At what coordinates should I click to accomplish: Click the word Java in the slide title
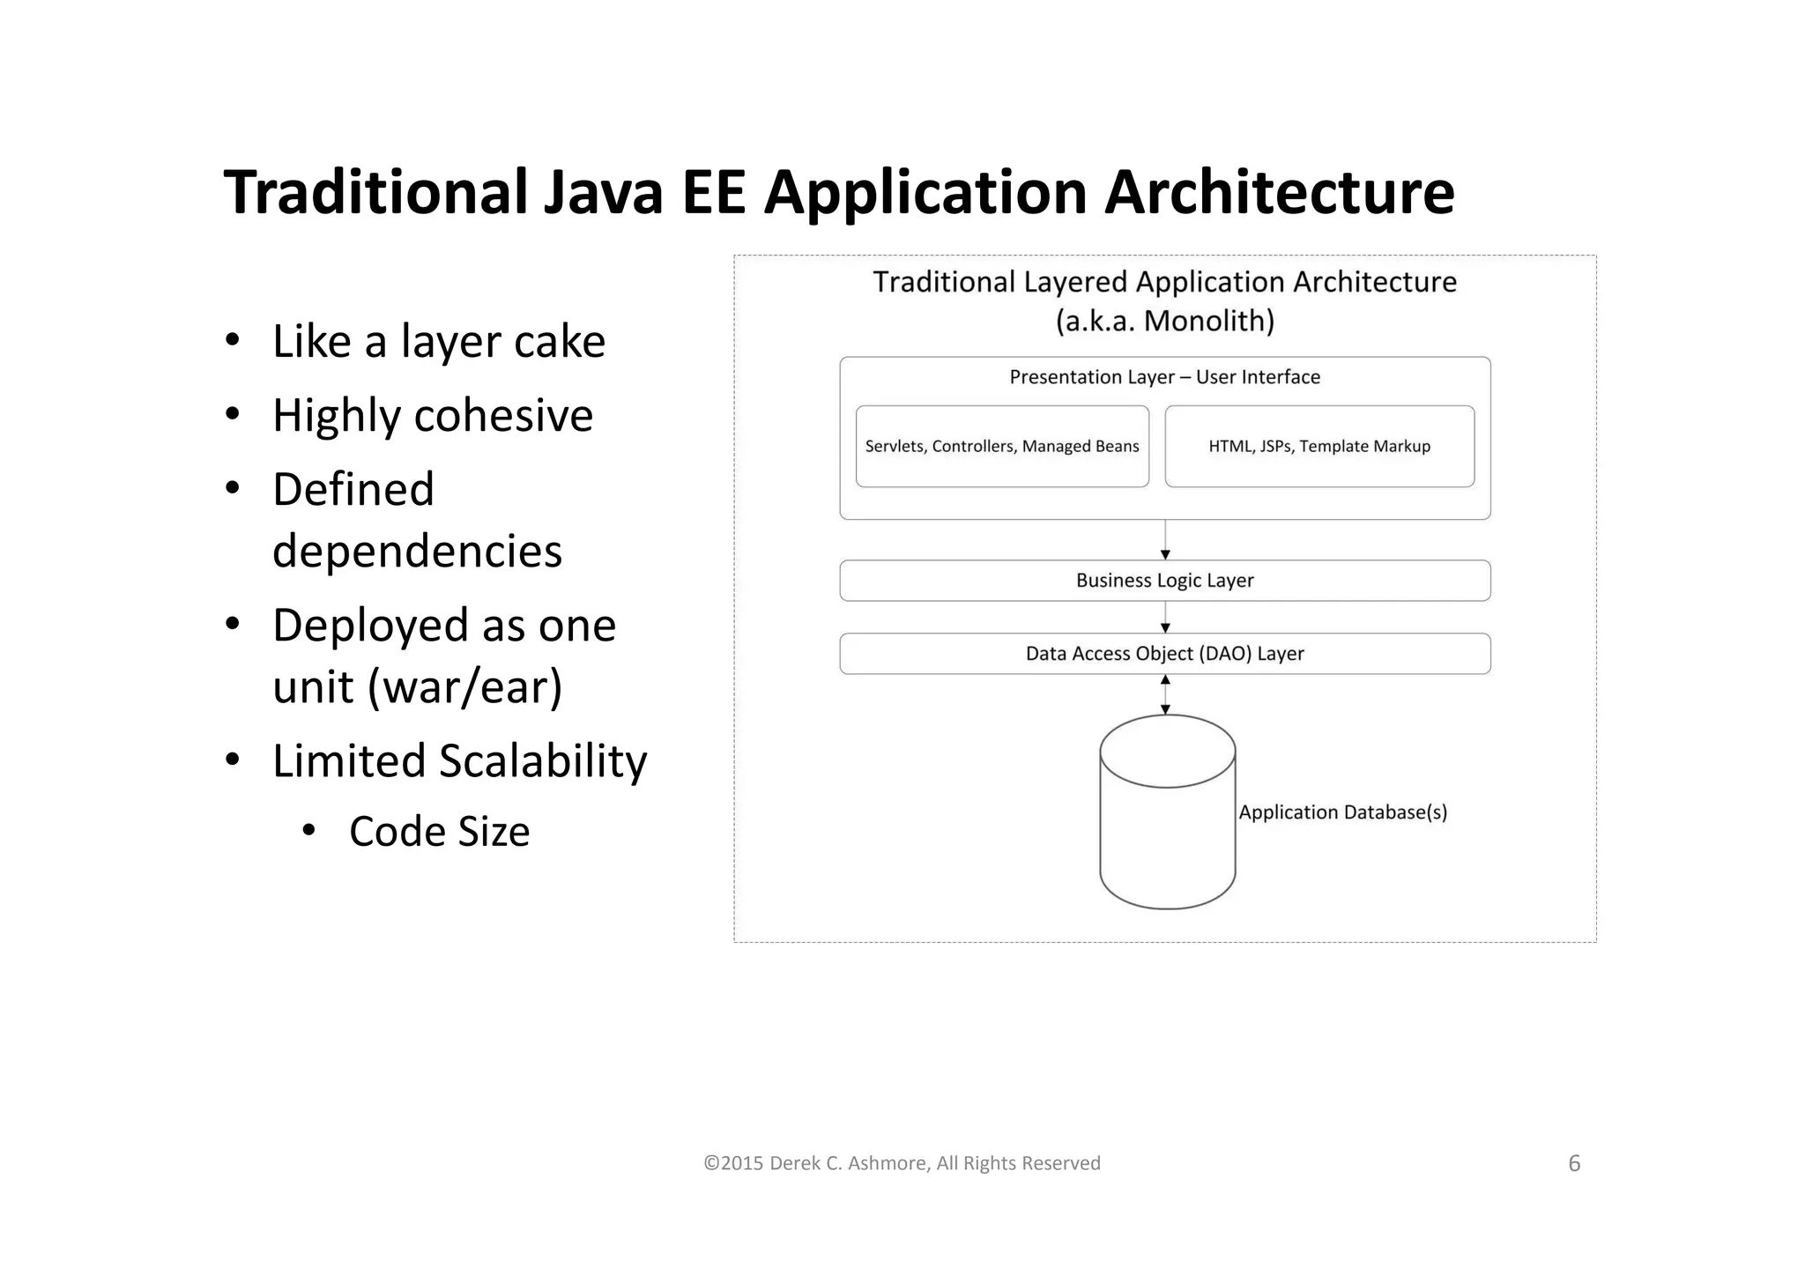coord(603,192)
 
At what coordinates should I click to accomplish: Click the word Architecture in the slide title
coord(1279,192)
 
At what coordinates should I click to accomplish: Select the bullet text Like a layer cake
coord(438,341)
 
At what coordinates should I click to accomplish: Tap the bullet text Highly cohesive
coord(432,415)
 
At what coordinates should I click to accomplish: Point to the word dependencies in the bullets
coord(417,552)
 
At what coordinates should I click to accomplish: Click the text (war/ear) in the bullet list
coord(464,687)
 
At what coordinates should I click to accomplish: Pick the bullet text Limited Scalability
coord(459,760)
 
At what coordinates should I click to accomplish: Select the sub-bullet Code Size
coord(439,832)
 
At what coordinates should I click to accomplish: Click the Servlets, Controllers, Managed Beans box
coord(1002,447)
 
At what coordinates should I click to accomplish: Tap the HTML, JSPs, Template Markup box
coord(1319,447)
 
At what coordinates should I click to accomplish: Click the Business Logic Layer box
coord(1164,581)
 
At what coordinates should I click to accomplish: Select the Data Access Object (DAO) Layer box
coord(1164,654)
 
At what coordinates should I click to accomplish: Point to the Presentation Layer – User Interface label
coord(1164,377)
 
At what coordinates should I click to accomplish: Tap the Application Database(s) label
coord(1342,812)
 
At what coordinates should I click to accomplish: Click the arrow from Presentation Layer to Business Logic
coord(1165,539)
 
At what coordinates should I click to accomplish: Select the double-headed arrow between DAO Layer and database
coord(1165,694)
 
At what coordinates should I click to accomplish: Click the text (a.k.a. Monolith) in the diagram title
coord(1164,321)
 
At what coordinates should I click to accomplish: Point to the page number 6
coord(1574,1164)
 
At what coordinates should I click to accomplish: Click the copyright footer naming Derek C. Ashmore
coord(902,1164)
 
